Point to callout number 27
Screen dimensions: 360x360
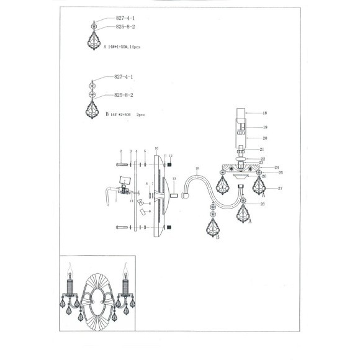click(x=280, y=187)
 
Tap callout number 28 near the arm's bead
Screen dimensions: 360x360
click(x=263, y=204)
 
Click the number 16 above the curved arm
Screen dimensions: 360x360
click(x=197, y=168)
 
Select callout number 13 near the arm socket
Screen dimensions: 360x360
click(x=174, y=179)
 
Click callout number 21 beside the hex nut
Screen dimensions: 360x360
click(x=263, y=150)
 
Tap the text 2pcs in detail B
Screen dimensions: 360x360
click(x=141, y=115)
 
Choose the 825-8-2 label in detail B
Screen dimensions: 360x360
click(x=124, y=95)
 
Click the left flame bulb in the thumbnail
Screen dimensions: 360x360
click(x=71, y=271)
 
